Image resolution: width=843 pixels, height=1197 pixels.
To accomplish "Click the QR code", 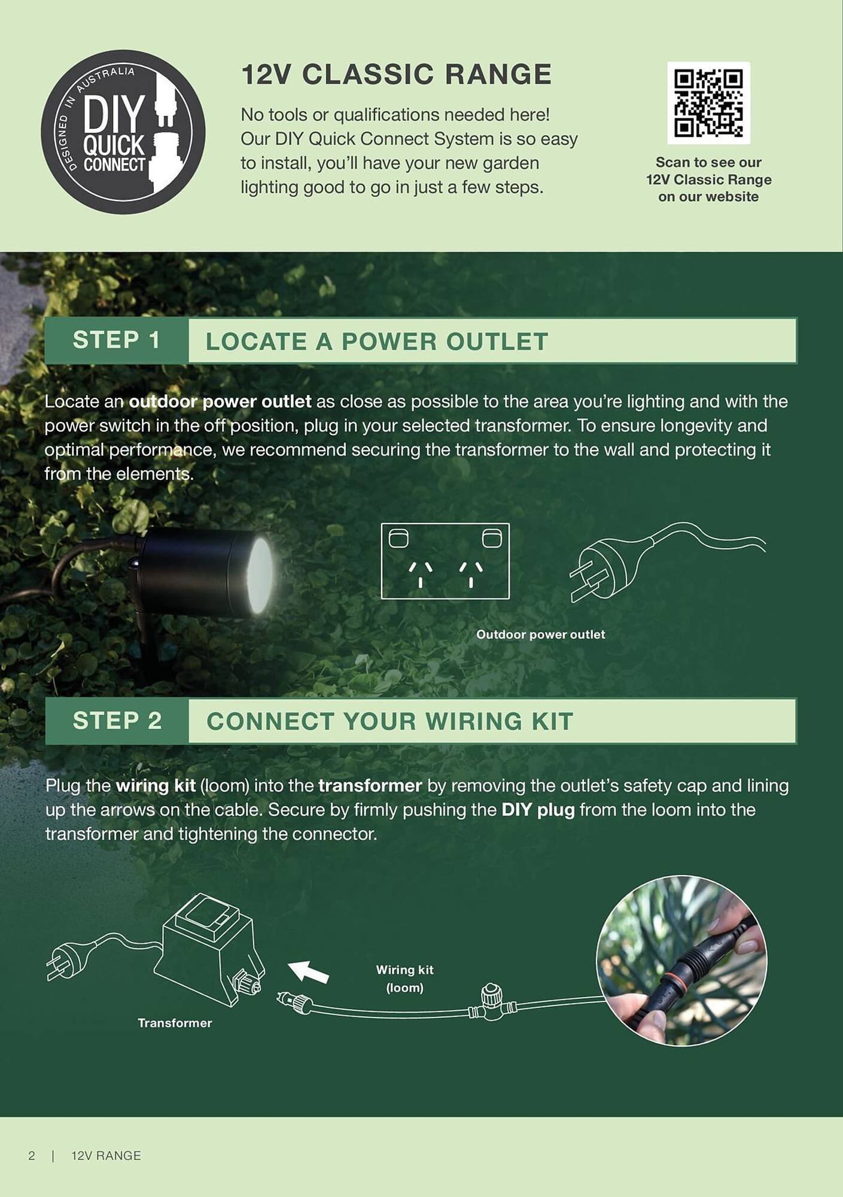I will coord(708,102).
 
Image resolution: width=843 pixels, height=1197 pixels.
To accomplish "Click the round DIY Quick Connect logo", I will coord(123,132).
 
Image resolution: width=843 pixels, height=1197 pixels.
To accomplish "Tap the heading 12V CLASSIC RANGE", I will coord(396,75).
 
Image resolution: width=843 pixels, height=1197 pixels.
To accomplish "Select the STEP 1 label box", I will coord(117,341).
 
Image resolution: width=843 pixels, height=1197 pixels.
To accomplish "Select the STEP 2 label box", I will coord(117,721).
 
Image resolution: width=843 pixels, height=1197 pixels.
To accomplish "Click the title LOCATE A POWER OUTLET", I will coord(377,342).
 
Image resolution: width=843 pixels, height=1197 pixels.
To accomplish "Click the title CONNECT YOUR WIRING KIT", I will coord(390,722).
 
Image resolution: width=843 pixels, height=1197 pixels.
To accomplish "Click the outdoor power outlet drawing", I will coord(445,561).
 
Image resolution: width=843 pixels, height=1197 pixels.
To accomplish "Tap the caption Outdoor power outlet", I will coord(540,634).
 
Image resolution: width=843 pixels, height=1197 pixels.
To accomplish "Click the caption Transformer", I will coord(175,1023).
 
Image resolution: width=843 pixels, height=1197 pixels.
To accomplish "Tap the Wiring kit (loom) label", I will coord(404,979).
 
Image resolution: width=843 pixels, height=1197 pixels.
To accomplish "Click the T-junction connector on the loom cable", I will coord(492,1003).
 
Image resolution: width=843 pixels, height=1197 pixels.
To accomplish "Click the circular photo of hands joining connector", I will coord(681,961).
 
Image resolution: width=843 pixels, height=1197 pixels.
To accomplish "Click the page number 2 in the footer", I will coord(32,1156).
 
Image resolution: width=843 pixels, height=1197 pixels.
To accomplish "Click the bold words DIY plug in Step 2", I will coord(538,810).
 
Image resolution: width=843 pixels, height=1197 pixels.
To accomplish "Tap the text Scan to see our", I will coord(708,162).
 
